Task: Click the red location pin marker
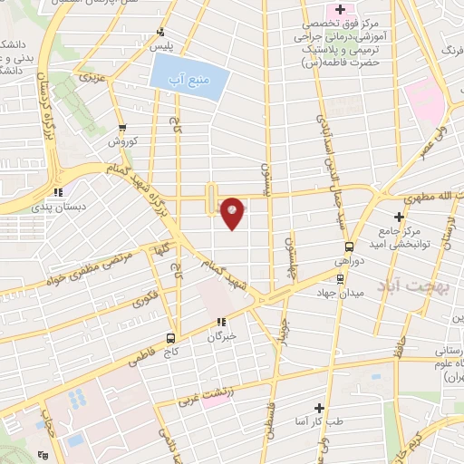tap(233, 211)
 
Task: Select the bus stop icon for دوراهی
tap(349, 246)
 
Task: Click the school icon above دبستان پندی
tap(59, 192)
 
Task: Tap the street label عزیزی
tap(93, 77)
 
